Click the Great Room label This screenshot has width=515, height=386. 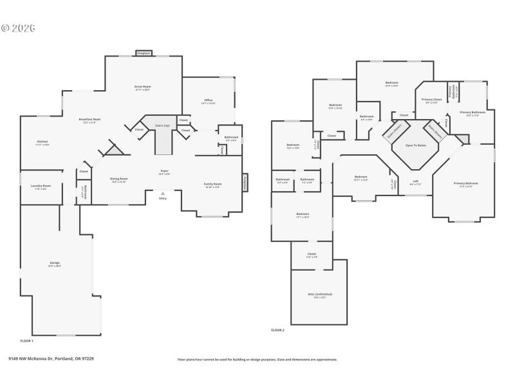(x=142, y=86)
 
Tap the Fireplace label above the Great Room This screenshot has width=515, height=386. (x=144, y=53)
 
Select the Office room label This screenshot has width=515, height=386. (x=208, y=100)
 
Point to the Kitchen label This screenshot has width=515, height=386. (x=42, y=142)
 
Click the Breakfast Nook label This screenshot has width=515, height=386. (x=89, y=119)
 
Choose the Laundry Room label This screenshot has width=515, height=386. (x=42, y=186)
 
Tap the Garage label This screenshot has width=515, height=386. (x=55, y=263)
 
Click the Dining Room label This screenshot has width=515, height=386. (x=119, y=179)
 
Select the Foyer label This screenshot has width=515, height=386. (x=165, y=171)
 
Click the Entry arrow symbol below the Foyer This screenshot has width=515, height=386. (x=162, y=193)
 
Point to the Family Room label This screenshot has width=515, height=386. (x=212, y=185)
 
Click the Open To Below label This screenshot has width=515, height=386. (x=415, y=145)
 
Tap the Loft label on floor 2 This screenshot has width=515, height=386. (x=415, y=181)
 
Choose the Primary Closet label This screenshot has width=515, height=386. (x=431, y=100)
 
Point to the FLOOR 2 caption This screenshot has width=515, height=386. (x=277, y=330)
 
